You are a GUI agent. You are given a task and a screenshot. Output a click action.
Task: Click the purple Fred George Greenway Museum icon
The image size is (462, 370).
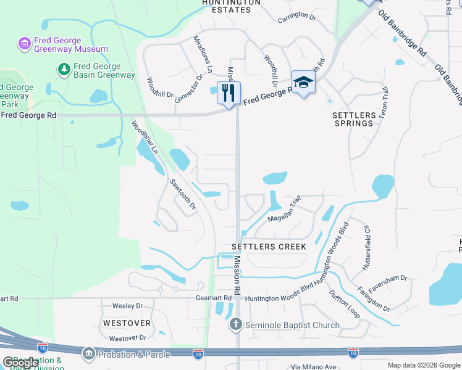click(x=24, y=43)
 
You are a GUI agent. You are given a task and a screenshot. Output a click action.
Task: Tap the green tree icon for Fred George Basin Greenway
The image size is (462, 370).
click(x=64, y=69)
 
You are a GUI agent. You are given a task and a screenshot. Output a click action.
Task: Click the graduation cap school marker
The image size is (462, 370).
click(x=303, y=83)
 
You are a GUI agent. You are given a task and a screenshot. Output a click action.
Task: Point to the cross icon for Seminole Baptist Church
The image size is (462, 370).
click(x=235, y=324)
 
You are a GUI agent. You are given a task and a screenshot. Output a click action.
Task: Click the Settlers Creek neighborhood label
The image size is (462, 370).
click(x=269, y=247)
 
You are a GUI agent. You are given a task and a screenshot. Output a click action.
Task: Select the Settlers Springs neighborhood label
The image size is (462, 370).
click(x=354, y=119)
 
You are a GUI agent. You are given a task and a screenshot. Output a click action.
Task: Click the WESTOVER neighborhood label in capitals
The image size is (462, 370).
click(x=127, y=323)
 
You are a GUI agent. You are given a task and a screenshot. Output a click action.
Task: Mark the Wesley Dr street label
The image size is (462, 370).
click(x=127, y=306)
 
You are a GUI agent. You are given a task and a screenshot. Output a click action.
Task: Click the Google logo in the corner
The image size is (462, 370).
click(x=20, y=363)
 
